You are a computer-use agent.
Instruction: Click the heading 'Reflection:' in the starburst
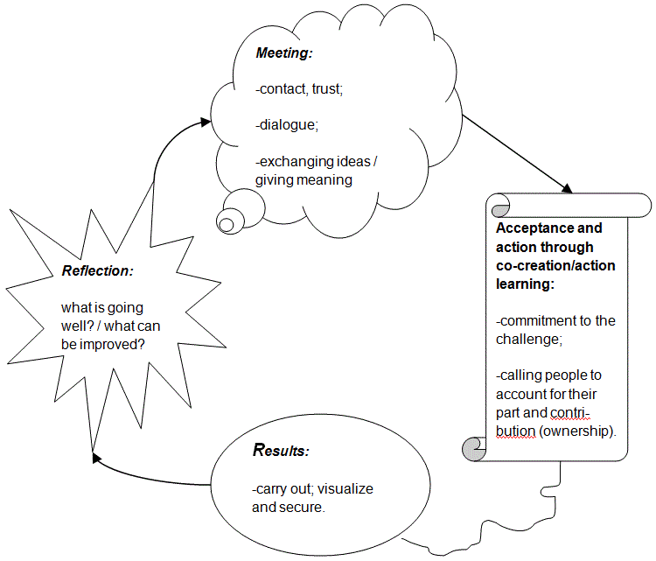click(x=97, y=270)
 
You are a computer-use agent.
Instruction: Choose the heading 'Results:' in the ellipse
click(x=280, y=452)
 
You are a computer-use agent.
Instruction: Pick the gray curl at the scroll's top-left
click(x=499, y=207)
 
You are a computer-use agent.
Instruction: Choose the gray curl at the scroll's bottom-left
click(x=472, y=451)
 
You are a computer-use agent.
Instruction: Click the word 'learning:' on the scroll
click(x=526, y=284)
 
